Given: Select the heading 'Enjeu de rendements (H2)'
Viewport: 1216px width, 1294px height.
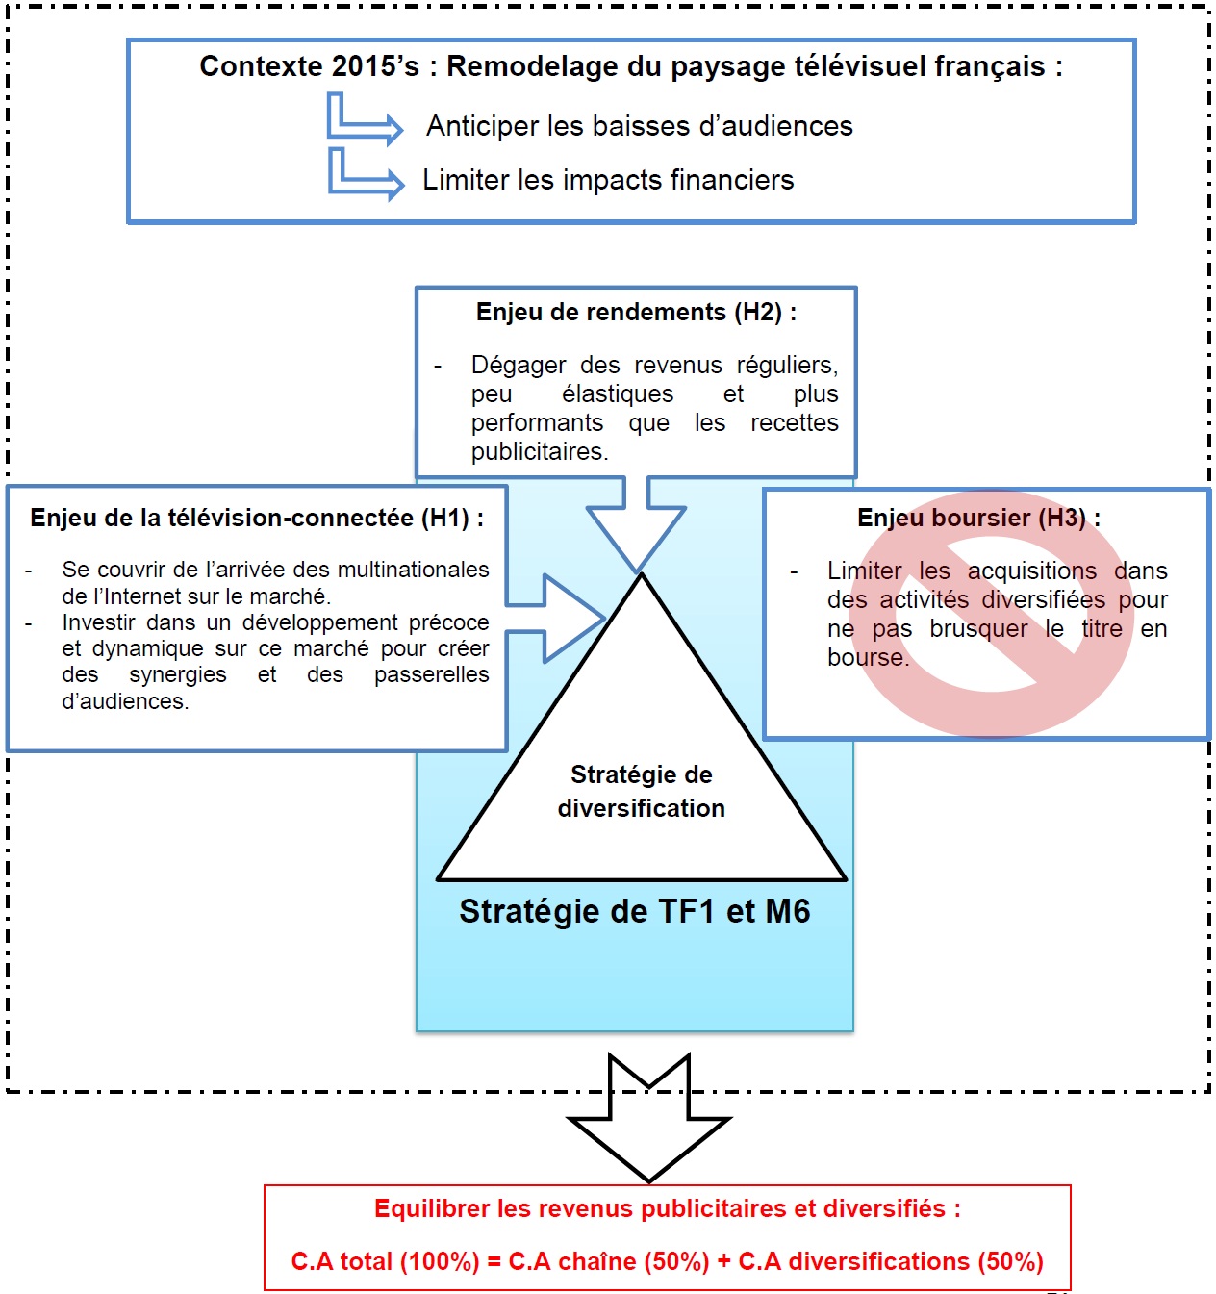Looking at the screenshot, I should [x=636, y=313].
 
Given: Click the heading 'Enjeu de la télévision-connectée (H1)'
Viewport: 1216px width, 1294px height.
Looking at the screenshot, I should [x=256, y=519].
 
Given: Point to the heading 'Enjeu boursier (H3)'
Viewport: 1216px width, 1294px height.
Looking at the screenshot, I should [x=978, y=519].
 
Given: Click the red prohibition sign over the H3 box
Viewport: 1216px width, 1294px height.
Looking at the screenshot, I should [x=991, y=616].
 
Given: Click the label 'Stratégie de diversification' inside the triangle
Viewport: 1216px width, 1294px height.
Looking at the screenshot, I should [x=641, y=792].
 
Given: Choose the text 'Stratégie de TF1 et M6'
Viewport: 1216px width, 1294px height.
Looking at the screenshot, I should [x=634, y=911].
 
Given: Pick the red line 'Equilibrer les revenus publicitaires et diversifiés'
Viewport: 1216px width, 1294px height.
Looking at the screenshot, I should [x=667, y=1209].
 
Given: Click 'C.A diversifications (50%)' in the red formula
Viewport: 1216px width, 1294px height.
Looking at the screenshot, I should [x=891, y=1261].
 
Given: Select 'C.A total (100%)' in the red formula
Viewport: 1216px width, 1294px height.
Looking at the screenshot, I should [x=385, y=1261].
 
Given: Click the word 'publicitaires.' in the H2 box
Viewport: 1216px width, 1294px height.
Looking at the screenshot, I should [x=540, y=452].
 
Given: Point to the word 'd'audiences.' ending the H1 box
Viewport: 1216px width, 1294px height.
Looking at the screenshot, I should [x=125, y=702].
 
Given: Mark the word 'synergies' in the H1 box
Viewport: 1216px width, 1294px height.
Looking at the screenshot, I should [x=178, y=675].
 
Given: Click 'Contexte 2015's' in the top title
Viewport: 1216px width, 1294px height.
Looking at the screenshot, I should [x=310, y=67].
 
